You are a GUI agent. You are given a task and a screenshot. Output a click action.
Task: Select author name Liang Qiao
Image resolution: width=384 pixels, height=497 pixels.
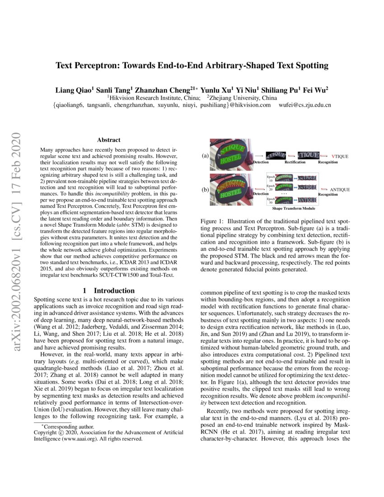pyautogui.click(x=73, y=89)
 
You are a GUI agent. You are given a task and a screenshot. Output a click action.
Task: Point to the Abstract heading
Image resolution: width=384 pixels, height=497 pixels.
pyautogui.click(x=109, y=141)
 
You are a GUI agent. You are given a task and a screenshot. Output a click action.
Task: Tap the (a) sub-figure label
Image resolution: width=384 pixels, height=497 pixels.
pyautogui.click(x=205, y=155)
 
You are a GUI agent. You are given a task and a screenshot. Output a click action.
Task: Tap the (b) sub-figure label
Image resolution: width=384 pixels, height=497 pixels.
pyautogui.click(x=205, y=190)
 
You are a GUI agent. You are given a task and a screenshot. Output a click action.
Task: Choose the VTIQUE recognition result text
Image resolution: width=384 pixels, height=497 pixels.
pyautogui.click(x=340, y=156)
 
